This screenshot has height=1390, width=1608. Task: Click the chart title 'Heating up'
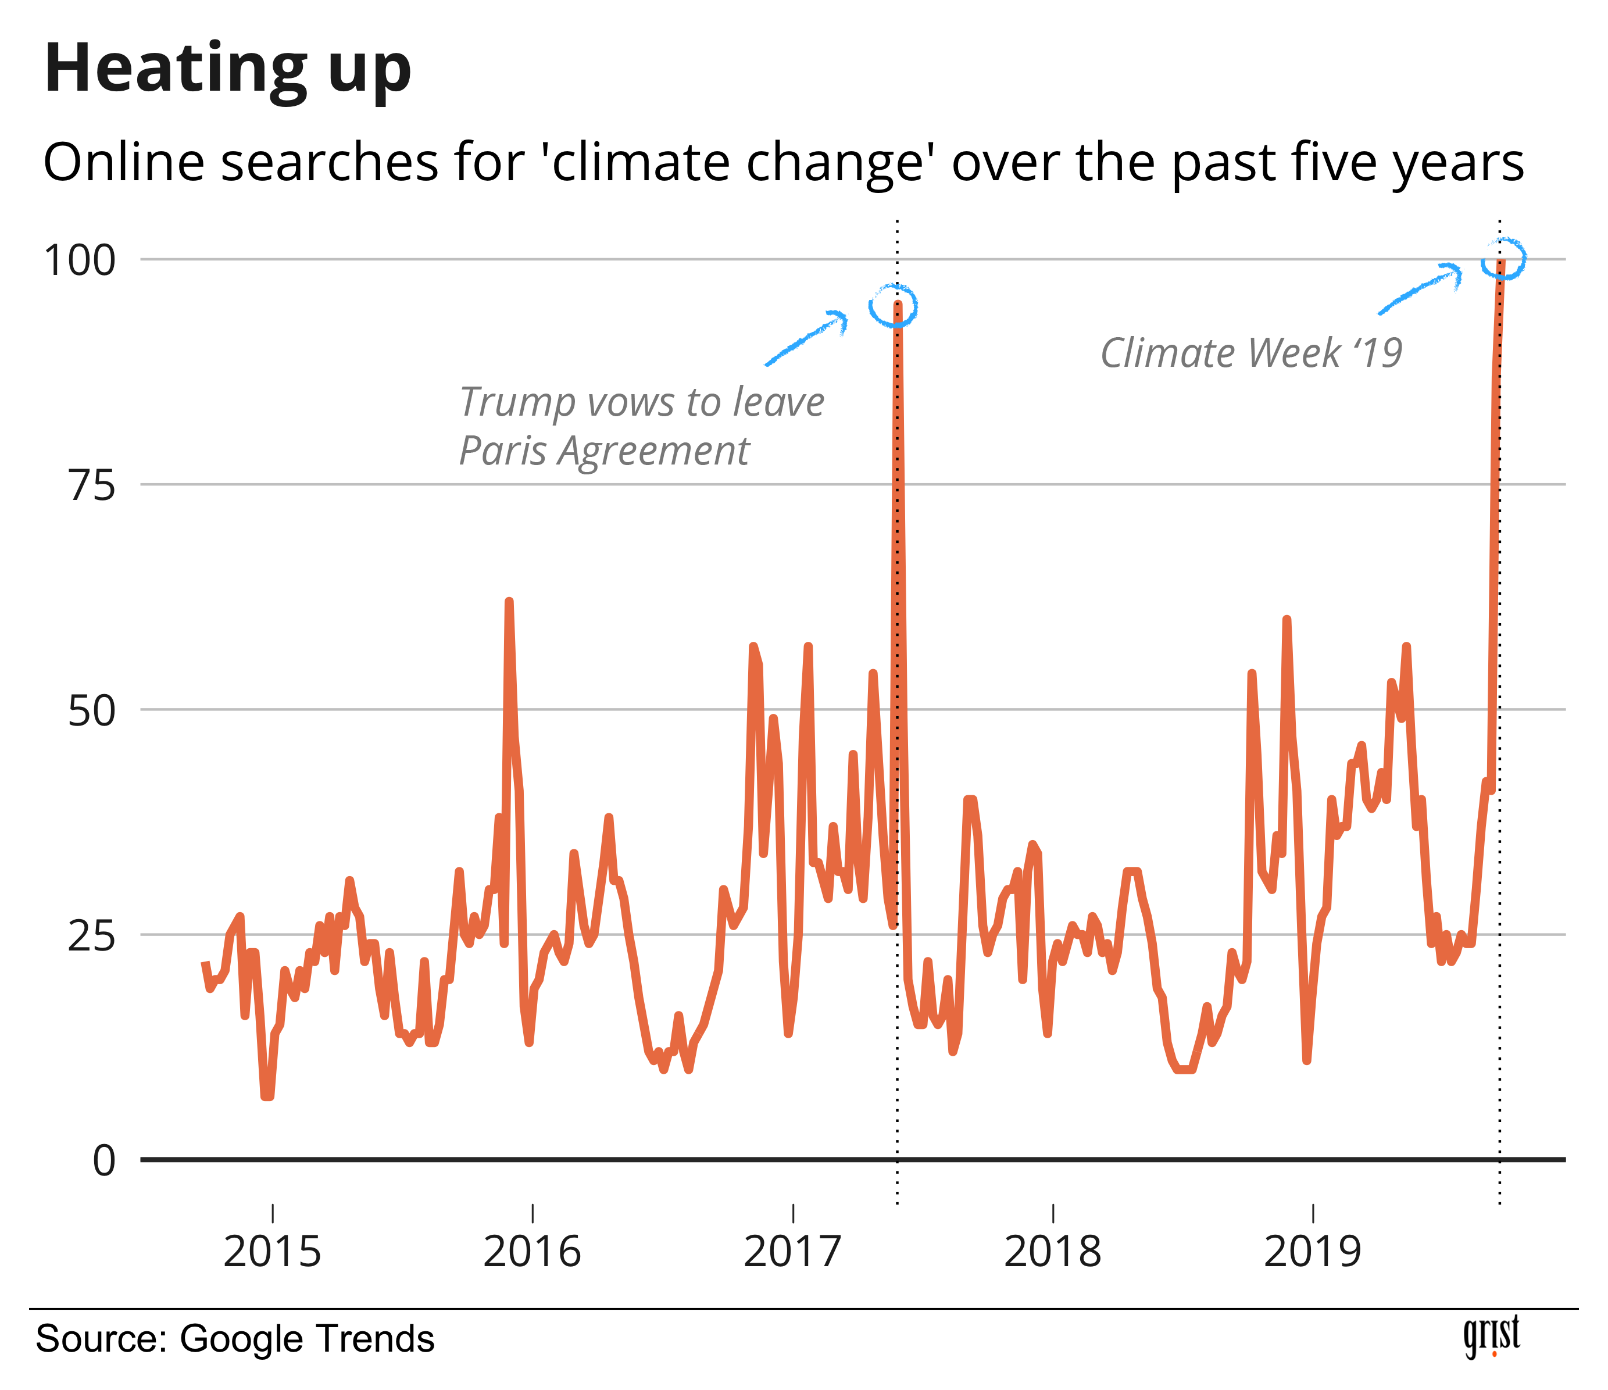[227, 70]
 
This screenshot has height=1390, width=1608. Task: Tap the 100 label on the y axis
[80, 261]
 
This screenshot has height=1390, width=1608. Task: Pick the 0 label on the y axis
[104, 1161]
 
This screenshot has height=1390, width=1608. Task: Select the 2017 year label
[792, 1251]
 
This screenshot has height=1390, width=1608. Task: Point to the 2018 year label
[1052, 1251]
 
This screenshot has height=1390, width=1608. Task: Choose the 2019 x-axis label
[1312, 1251]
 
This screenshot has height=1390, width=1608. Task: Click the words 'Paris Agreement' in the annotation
[604, 451]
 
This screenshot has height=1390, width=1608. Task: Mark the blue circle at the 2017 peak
[894, 306]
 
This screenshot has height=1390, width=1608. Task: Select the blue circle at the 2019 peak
[1503, 259]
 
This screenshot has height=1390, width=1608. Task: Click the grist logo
[1491, 1337]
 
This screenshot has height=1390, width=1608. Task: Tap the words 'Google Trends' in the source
[306, 1339]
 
